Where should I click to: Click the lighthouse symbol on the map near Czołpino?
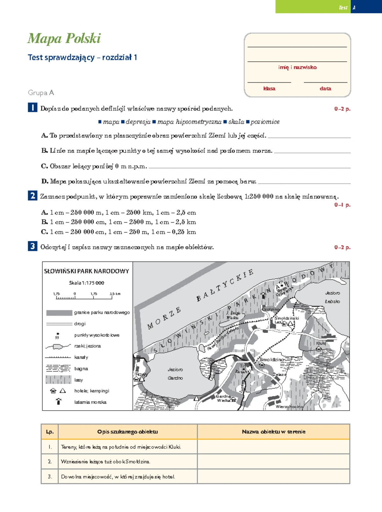[x=263, y=295]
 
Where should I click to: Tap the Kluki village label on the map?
[x=321, y=343]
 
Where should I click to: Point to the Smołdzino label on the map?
[x=272, y=360]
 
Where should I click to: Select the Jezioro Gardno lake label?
[x=175, y=374]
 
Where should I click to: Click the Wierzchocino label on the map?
[x=289, y=406]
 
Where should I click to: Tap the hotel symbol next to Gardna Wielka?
[x=234, y=400]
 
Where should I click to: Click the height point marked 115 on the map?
[x=243, y=366]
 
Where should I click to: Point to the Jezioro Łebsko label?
[x=332, y=297]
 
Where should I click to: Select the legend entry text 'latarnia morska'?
[x=90, y=402]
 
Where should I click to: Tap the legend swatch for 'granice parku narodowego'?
[x=59, y=313]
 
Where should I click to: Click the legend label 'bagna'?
[x=81, y=369]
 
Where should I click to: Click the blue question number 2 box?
[x=32, y=196]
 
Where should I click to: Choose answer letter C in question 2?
[x=45, y=232]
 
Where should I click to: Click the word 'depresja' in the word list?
[x=138, y=122]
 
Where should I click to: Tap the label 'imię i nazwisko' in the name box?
[x=297, y=67]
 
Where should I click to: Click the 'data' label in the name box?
[x=325, y=89]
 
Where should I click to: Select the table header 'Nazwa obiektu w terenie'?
[x=273, y=432]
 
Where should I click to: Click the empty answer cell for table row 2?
[x=273, y=461]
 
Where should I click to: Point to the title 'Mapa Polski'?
[x=64, y=38]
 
